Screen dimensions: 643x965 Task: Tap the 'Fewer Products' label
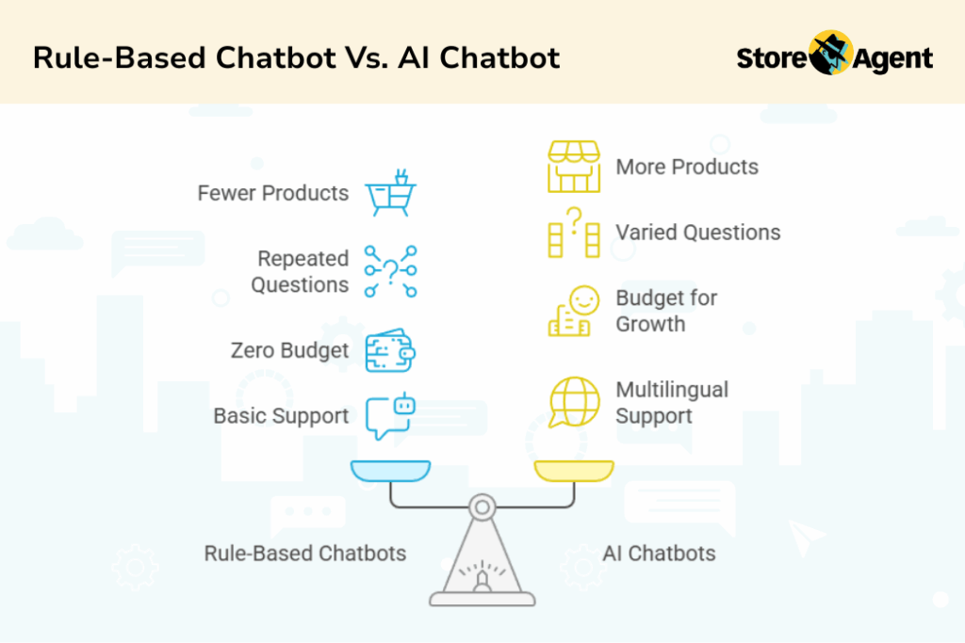[x=273, y=194]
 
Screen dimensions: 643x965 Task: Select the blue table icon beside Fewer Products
[x=390, y=193]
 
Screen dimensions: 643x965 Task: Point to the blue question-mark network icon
[x=390, y=272]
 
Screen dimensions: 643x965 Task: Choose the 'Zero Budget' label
[x=290, y=351]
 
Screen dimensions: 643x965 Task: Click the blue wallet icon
[x=390, y=350]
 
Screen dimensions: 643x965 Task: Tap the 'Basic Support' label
[x=282, y=416]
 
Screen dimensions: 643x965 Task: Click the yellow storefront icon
[x=574, y=168]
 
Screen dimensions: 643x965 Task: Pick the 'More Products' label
[x=687, y=168]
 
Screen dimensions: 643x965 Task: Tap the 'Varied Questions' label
[x=698, y=233]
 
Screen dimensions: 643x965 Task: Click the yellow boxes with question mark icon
[x=574, y=233]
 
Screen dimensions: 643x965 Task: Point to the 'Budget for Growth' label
[x=666, y=311]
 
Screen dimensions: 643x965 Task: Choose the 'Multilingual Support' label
[x=672, y=403]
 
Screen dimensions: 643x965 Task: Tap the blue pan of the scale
[x=389, y=470]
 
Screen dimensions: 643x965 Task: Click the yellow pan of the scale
[x=574, y=470]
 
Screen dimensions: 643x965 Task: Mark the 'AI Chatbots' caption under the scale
[x=659, y=554]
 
